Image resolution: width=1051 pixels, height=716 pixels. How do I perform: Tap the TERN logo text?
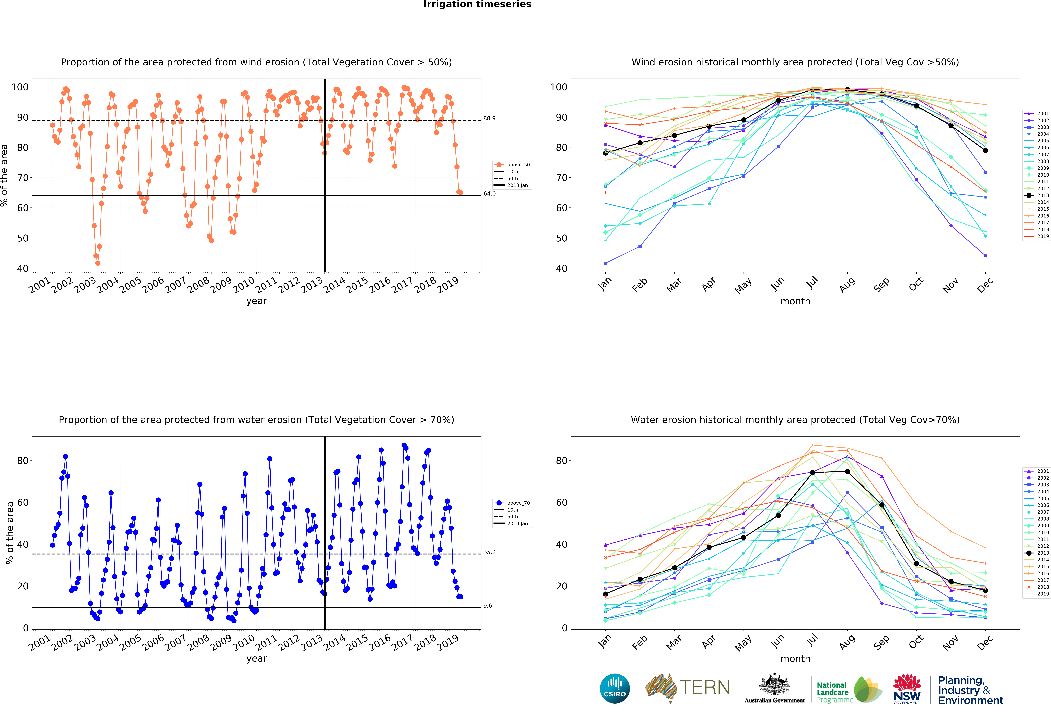click(x=705, y=688)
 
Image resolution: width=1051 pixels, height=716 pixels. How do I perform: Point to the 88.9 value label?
click(x=489, y=118)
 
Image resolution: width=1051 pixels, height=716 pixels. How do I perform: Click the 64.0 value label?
click(x=489, y=193)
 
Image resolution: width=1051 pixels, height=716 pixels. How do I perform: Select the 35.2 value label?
click(x=489, y=552)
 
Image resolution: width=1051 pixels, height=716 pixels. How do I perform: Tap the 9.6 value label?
click(x=488, y=606)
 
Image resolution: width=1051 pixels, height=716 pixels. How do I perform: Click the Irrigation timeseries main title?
click(x=477, y=4)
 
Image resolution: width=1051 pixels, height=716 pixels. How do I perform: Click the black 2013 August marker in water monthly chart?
click(x=847, y=472)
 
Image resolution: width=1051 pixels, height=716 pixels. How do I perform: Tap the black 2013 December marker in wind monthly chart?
click(x=985, y=151)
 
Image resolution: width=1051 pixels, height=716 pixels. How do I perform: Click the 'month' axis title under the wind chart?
click(x=795, y=301)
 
